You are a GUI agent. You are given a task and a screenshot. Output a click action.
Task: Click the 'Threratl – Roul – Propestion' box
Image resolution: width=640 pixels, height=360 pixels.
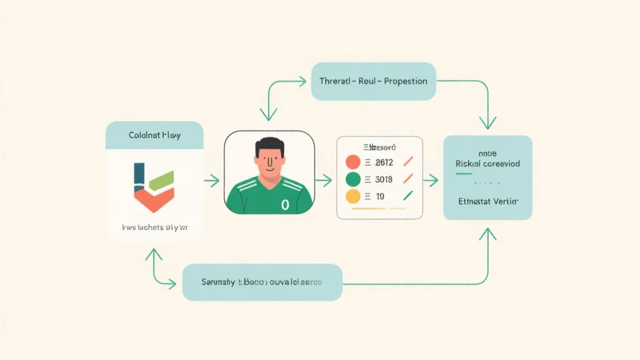[373, 82]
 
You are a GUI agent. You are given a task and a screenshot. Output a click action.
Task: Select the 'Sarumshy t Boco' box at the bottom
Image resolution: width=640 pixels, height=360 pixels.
[262, 282]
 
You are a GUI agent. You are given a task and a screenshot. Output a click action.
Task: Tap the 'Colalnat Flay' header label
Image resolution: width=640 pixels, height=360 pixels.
[155, 135]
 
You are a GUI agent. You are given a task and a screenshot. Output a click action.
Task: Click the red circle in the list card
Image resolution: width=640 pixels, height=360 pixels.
[353, 162]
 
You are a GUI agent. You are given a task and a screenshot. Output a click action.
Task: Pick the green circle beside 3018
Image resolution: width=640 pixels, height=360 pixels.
[353, 179]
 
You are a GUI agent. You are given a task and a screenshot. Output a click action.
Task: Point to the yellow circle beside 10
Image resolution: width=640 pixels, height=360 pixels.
[353, 196]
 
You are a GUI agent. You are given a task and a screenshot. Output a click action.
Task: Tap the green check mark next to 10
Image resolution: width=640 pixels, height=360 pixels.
[408, 196]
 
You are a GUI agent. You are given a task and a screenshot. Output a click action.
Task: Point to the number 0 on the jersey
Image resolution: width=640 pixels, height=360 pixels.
[284, 204]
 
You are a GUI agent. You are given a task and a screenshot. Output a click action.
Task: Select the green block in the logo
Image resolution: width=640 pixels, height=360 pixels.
[162, 181]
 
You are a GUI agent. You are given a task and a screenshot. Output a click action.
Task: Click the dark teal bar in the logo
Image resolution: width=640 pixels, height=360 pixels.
[139, 178]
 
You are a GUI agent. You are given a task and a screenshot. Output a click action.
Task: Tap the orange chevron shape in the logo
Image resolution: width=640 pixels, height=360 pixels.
[154, 200]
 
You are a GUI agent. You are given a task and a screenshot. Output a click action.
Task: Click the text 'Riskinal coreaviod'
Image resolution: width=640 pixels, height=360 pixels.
[487, 164]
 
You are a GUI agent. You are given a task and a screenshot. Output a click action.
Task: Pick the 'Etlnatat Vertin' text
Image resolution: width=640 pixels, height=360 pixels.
[487, 202]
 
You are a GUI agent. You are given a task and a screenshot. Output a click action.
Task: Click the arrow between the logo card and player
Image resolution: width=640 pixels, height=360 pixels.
[211, 181]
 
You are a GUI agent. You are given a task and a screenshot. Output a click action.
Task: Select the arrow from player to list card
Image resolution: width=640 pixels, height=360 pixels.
[324, 181]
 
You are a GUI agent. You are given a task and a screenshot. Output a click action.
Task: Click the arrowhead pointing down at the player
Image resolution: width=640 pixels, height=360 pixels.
[268, 115]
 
